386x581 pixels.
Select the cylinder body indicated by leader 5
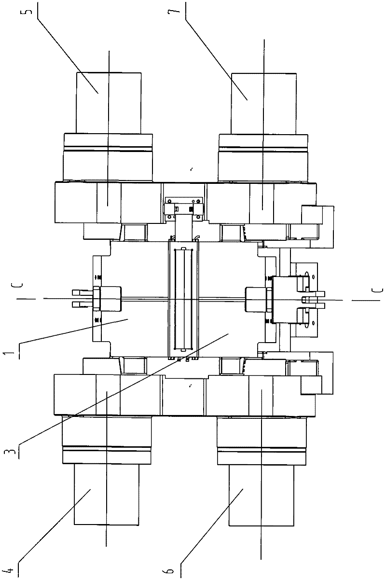tap(109, 103)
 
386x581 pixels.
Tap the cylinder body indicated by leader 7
tap(263, 103)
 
